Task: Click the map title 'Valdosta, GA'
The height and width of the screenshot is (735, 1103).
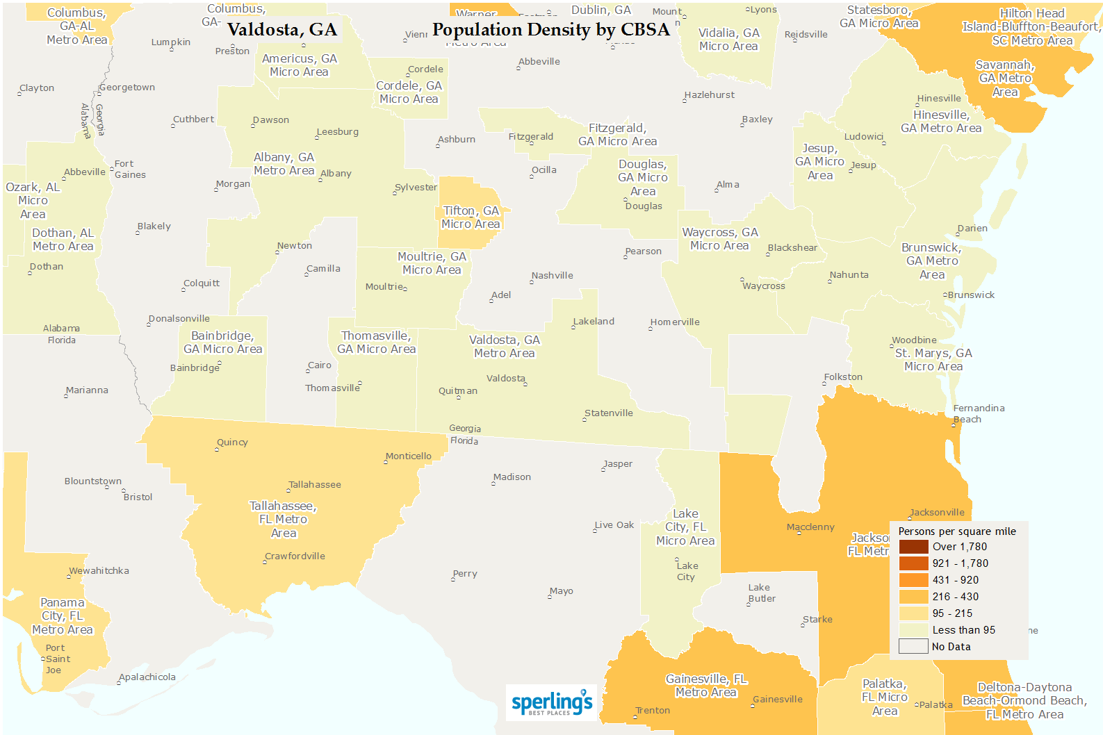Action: [281, 30]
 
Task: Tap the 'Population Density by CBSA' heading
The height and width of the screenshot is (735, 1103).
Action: [550, 30]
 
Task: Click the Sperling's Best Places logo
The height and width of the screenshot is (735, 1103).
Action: [552, 702]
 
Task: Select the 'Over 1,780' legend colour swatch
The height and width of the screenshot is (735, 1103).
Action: [913, 547]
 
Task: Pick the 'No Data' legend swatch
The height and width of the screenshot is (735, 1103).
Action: [913, 647]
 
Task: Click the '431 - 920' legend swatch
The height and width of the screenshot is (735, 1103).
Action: [913, 580]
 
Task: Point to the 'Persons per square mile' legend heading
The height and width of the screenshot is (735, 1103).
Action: [957, 531]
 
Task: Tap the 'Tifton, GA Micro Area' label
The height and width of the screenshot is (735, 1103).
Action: [471, 217]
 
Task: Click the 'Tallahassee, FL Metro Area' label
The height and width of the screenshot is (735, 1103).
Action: [283, 520]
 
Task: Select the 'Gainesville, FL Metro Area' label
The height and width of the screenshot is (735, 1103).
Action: [706, 686]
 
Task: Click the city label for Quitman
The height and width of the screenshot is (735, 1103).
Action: [457, 391]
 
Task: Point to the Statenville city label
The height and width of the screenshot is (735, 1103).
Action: [608, 413]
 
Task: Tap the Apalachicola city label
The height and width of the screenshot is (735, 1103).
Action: [147, 677]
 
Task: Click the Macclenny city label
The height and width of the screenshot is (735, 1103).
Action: [810, 527]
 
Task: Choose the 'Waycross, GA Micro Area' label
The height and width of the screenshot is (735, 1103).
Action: [720, 239]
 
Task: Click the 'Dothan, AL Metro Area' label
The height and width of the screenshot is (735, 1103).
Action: [63, 240]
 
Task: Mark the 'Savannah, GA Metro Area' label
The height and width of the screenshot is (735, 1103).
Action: [1005, 79]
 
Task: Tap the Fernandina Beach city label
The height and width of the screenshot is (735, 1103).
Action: [978, 413]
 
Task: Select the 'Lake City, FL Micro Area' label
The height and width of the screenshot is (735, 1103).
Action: [685, 527]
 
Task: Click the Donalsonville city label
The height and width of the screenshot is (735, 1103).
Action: [179, 319]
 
